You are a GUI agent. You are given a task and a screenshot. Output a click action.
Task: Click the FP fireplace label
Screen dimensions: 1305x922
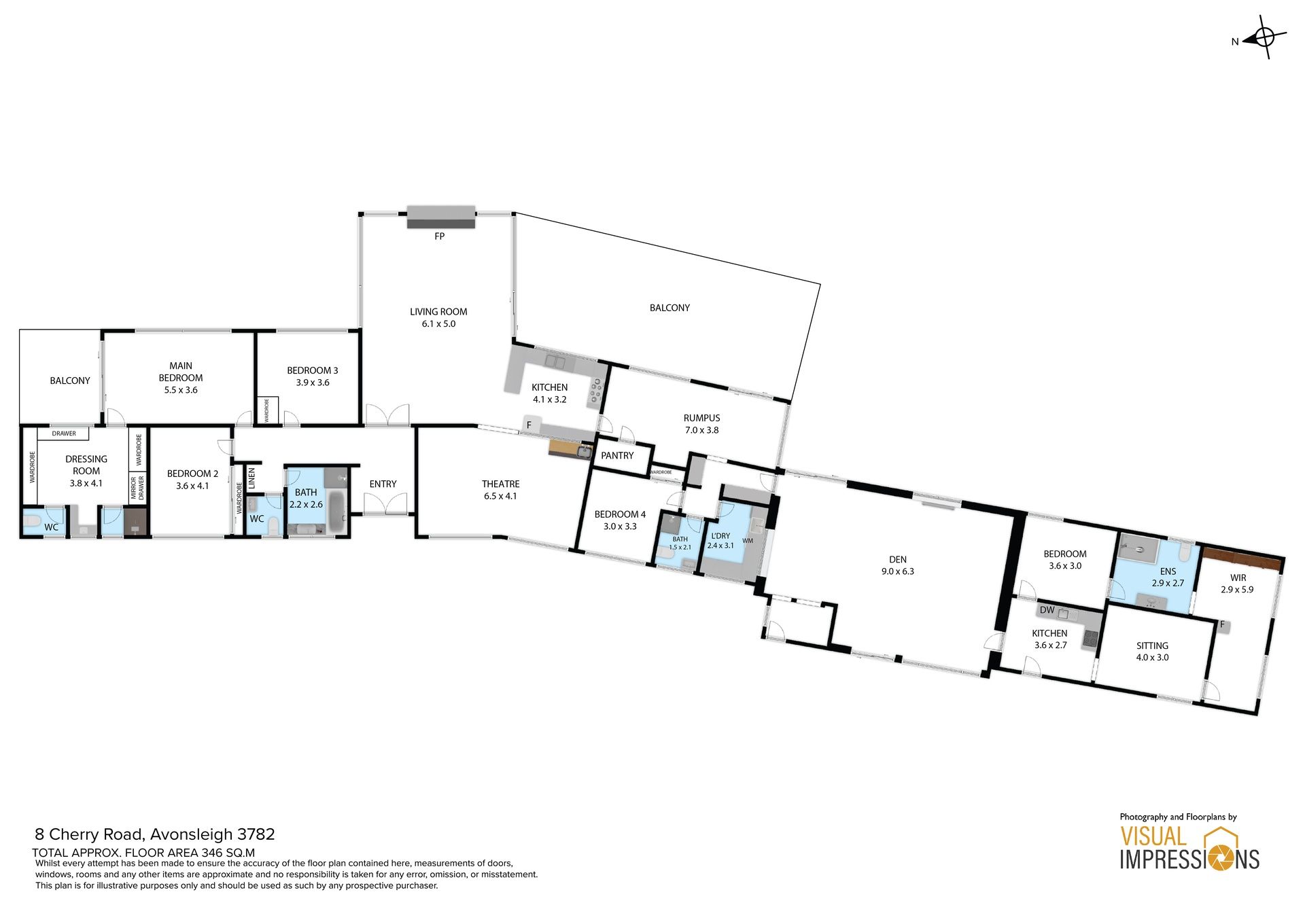pos(440,236)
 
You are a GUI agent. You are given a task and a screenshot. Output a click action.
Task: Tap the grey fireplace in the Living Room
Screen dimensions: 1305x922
pos(440,217)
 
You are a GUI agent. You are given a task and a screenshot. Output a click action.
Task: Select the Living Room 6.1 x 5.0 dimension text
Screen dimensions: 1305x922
pos(438,324)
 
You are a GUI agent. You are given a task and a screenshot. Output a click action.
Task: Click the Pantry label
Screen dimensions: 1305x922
pos(617,455)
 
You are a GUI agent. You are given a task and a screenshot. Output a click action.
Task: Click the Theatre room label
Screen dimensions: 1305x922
pos(501,484)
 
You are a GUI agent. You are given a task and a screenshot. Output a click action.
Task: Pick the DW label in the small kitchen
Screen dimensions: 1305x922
pos(1047,610)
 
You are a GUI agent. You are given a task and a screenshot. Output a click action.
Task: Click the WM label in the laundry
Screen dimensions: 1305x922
pos(748,541)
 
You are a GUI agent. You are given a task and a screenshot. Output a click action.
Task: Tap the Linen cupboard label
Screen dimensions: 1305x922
pos(251,478)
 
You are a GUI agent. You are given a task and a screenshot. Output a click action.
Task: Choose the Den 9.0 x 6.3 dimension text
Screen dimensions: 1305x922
pos(898,571)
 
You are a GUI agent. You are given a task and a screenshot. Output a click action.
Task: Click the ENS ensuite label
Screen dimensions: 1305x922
pos(1168,571)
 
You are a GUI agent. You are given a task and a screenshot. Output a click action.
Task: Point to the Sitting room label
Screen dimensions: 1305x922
pos(1152,645)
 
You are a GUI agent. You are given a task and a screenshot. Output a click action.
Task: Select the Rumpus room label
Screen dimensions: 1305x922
pos(701,418)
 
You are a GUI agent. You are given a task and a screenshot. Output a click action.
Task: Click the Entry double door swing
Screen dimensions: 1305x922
pos(385,503)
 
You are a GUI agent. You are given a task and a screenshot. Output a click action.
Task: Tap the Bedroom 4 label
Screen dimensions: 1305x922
pos(620,514)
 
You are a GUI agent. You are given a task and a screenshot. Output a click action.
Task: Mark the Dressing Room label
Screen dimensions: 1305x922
pos(86,465)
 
